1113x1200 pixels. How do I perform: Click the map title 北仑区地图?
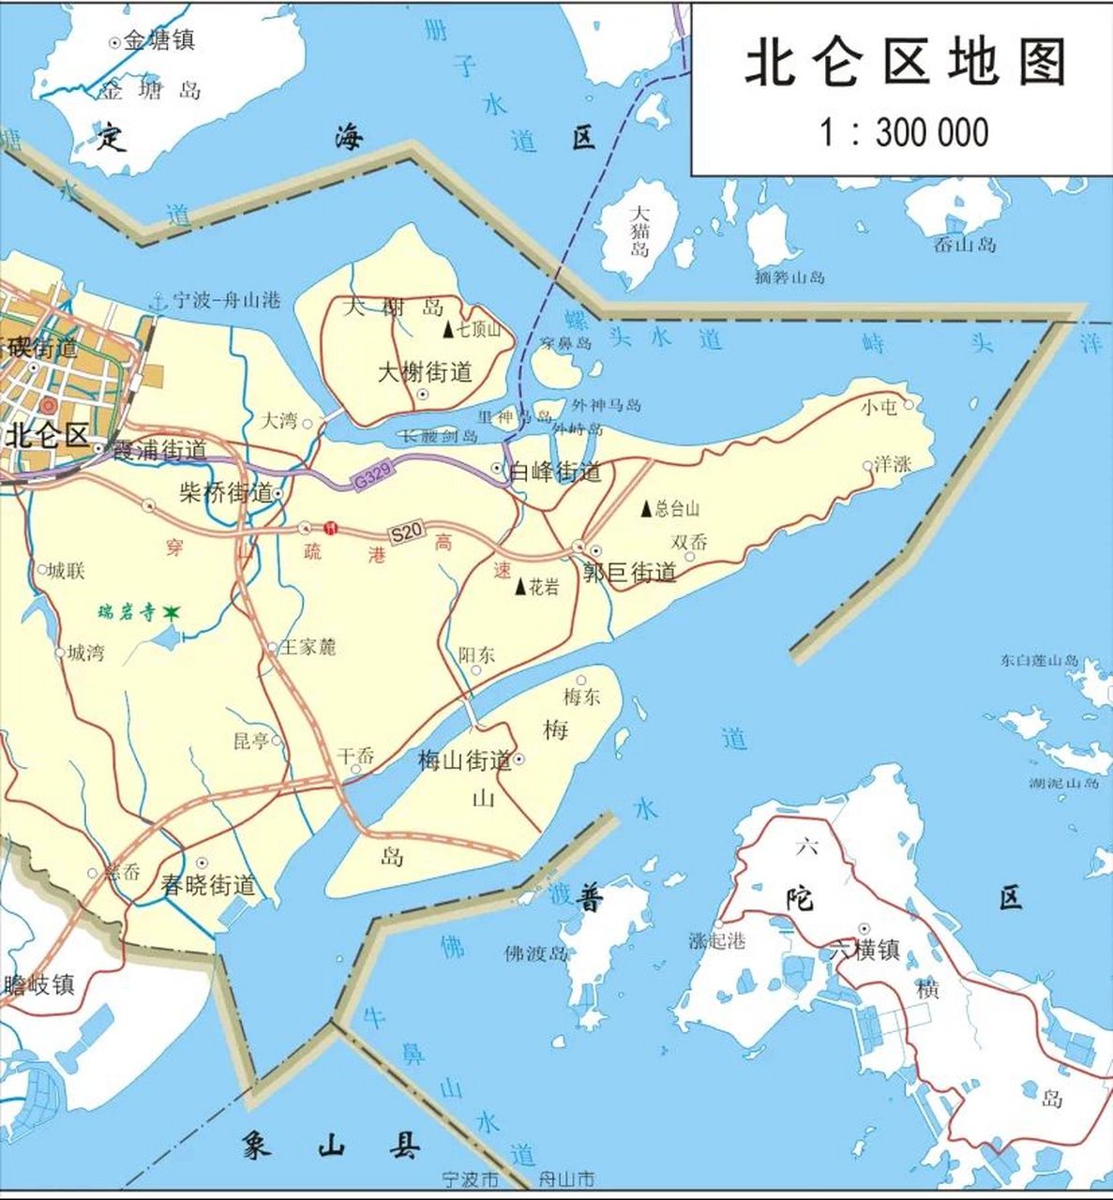point(906,64)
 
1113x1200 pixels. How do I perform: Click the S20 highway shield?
point(406,533)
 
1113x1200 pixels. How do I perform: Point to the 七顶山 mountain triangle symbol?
point(447,330)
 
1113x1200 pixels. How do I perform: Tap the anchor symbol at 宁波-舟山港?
point(158,301)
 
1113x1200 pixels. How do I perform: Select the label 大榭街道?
point(425,372)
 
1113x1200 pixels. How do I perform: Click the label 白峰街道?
point(554,472)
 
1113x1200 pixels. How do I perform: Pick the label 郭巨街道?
point(630,572)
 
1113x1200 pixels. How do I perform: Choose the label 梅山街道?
point(465,759)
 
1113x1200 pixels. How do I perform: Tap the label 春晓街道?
point(207,884)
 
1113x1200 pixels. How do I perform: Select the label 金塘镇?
point(159,40)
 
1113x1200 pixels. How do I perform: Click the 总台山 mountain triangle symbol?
point(646,508)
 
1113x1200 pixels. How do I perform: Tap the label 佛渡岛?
point(536,954)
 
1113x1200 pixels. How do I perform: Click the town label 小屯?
point(880,406)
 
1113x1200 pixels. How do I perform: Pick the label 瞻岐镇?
point(39,985)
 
